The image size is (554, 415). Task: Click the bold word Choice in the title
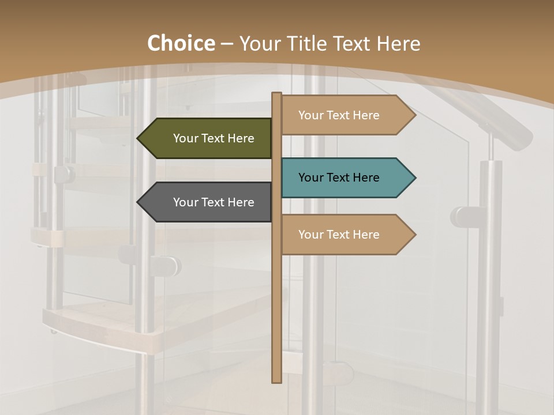coord(181,43)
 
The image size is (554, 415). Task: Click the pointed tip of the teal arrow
coord(414,178)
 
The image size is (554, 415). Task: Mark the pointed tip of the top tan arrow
coord(414,115)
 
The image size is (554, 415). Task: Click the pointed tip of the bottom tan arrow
coord(414,235)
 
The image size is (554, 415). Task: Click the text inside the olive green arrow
coord(214,138)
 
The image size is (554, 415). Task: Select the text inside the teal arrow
coord(339,178)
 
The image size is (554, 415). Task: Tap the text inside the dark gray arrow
coord(214,202)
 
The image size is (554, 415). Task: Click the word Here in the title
coord(398,43)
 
